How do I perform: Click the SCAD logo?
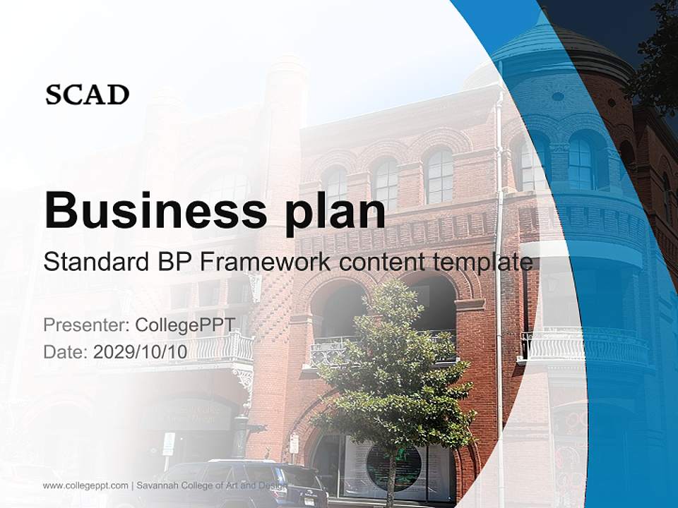pyautogui.click(x=87, y=95)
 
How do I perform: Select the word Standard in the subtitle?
pyautogui.click(x=93, y=262)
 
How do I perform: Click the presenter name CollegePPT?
pyautogui.click(x=184, y=325)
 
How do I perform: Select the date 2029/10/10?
pyautogui.click(x=141, y=352)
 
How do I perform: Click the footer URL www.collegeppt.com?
pyautogui.click(x=85, y=486)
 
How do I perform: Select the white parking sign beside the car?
pyautogui.click(x=169, y=443)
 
